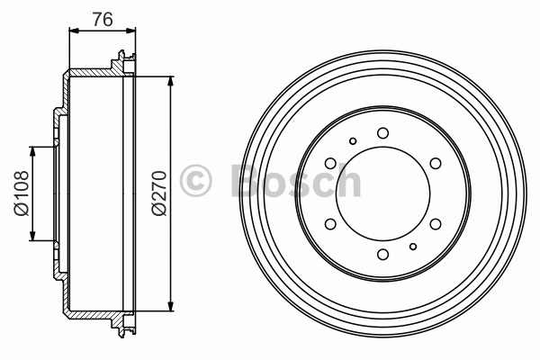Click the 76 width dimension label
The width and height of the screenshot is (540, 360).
(103, 19)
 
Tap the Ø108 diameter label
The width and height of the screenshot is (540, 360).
(22, 193)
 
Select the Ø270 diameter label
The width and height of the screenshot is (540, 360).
(159, 193)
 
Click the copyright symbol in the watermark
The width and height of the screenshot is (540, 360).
(195, 181)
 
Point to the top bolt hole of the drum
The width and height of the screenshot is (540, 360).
(383, 133)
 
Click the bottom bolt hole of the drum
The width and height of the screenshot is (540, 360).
(383, 255)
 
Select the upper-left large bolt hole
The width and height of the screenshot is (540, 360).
(330, 163)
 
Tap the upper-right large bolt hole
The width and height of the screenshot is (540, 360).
(436, 163)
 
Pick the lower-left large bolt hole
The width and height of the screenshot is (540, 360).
(330, 224)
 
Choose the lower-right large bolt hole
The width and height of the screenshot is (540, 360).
(436, 224)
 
